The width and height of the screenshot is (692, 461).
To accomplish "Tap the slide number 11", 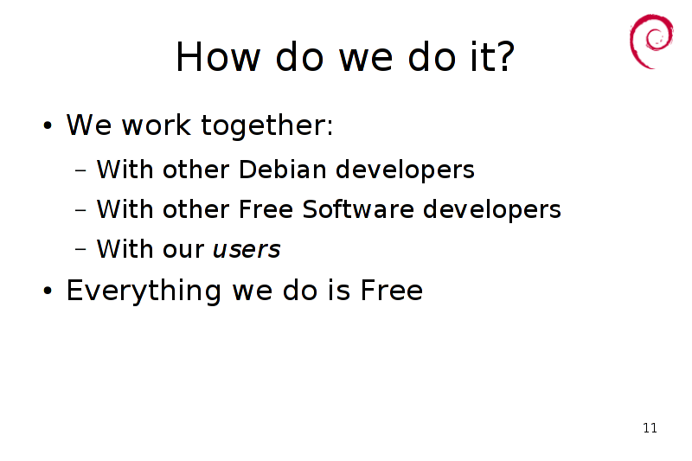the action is point(650,428).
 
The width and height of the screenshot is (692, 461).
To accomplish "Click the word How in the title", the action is point(218,56).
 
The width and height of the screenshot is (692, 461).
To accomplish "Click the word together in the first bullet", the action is point(267,125).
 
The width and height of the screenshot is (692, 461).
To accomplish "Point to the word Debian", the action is point(283,170).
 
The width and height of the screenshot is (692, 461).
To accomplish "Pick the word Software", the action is point(358,208).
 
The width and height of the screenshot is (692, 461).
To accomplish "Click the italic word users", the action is point(247,249).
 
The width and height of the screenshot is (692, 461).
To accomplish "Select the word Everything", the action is point(144,291).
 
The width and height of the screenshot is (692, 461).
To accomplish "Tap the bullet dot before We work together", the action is point(48,125).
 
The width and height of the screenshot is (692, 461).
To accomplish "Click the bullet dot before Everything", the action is point(48,291).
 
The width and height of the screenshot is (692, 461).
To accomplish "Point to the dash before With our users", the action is point(80,249).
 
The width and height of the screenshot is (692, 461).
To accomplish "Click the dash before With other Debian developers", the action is point(80,170).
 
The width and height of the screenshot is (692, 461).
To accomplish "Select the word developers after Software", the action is point(492,209).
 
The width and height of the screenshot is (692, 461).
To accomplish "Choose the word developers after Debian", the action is point(405,170).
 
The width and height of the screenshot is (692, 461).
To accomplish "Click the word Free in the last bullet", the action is point(392,291).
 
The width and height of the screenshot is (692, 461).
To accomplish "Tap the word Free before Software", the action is point(266,208).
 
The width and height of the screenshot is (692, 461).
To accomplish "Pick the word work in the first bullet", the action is point(157,125).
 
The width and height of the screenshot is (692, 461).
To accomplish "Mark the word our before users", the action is point(183,251).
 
